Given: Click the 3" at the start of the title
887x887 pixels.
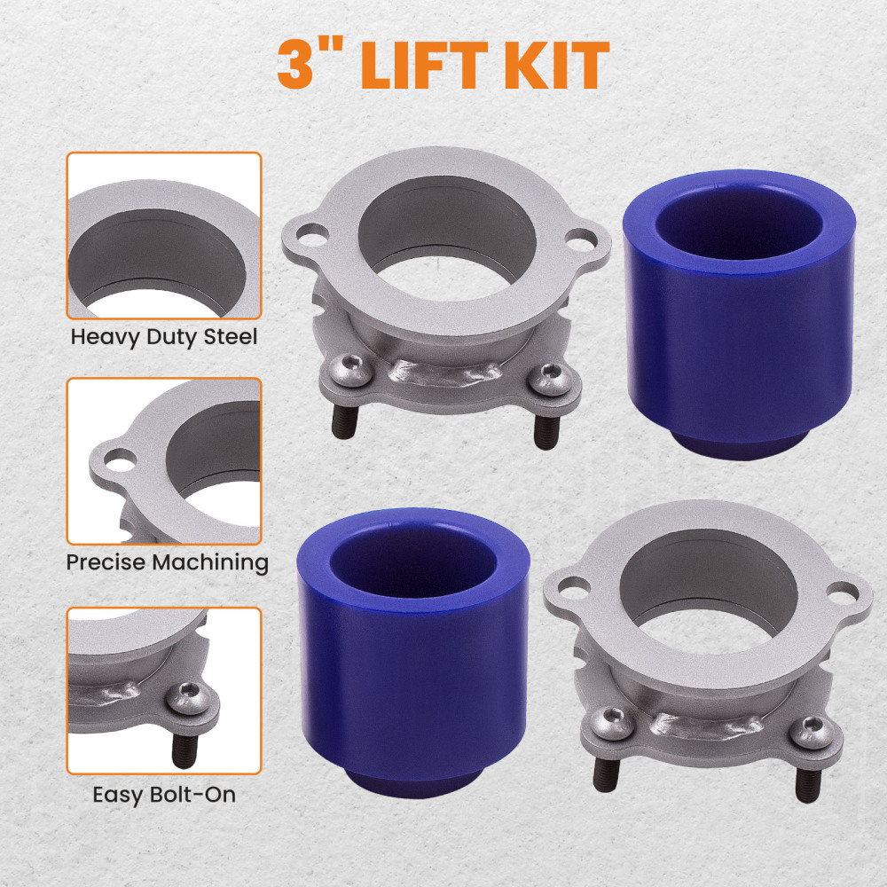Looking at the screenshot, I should (310, 63).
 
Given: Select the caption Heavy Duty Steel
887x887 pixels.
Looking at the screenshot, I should (164, 337).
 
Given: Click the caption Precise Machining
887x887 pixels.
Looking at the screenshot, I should (168, 562).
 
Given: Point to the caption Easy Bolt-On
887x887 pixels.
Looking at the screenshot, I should (164, 794).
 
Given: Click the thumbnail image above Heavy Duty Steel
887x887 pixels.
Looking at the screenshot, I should (164, 236).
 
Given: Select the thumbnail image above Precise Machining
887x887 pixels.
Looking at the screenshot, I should (164, 461).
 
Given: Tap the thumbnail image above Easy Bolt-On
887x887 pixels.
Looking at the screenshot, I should (164, 691).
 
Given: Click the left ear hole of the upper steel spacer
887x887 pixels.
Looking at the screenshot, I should (310, 235).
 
